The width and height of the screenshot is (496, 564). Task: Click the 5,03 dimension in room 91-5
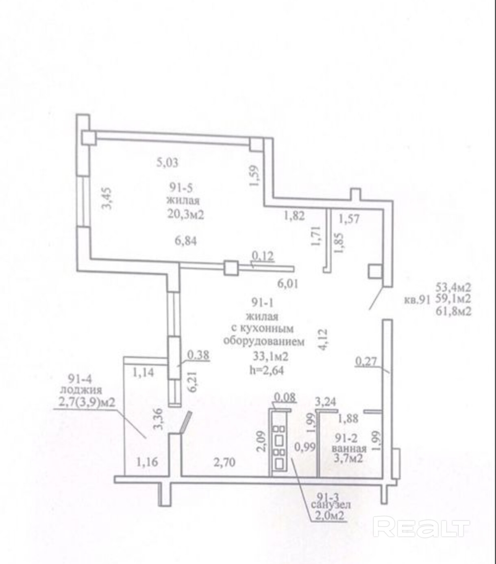168,162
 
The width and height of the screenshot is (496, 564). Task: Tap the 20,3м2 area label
185,215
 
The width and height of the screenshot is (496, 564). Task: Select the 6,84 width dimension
185,241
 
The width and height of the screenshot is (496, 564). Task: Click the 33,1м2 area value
270,357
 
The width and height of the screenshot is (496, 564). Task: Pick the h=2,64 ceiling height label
266,370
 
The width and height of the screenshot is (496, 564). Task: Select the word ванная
349,449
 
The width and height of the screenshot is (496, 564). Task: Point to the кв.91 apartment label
416,301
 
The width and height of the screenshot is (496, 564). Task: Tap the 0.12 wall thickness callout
263,256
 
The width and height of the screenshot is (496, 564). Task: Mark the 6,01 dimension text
287,283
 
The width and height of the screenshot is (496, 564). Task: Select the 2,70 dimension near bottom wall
224,462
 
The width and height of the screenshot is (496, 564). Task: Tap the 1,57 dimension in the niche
349,219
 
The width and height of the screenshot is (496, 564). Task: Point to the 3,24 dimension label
326,402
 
